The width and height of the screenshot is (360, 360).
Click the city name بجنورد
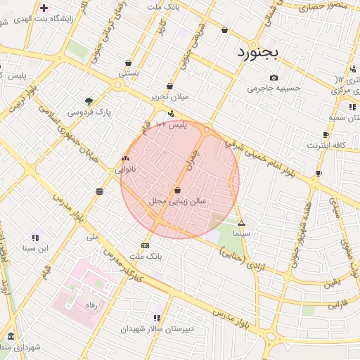(x=258, y=52)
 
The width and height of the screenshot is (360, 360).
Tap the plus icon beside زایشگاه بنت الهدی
(x=44, y=8)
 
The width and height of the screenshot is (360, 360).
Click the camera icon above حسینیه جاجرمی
(x=274, y=77)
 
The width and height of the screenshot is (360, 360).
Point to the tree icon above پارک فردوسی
(x=89, y=101)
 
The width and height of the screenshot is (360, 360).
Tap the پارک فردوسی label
(x=89, y=112)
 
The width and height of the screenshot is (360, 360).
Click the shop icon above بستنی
(x=128, y=62)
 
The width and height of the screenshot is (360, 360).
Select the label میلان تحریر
(x=169, y=97)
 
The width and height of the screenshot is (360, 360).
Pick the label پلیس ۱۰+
(x=171, y=124)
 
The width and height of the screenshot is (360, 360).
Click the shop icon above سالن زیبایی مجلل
(x=177, y=190)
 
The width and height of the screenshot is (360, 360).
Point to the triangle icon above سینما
(x=241, y=222)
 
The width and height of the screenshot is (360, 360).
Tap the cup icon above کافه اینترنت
(x=326, y=134)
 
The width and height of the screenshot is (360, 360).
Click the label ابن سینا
(x=35, y=248)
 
